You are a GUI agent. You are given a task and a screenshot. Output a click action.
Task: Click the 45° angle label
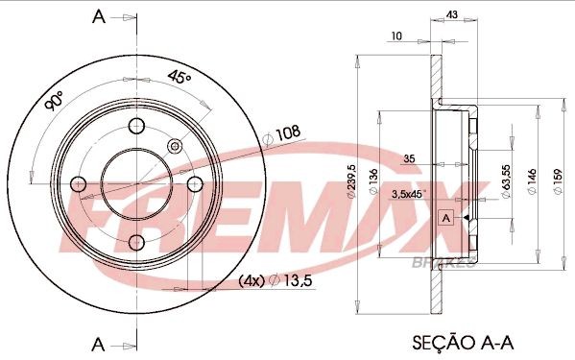tap(180, 78)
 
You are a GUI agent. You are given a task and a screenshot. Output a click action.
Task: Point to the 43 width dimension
tap(452, 15)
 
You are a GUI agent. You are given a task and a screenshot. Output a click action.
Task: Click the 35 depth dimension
tap(408, 159)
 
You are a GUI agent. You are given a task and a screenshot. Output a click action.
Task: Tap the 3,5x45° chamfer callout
tap(410, 194)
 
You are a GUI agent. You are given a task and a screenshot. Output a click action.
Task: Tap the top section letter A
tap(96, 15)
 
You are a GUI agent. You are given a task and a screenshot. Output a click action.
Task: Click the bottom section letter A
tap(96, 342)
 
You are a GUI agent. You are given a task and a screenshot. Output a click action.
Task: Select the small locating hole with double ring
tap(175, 145)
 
